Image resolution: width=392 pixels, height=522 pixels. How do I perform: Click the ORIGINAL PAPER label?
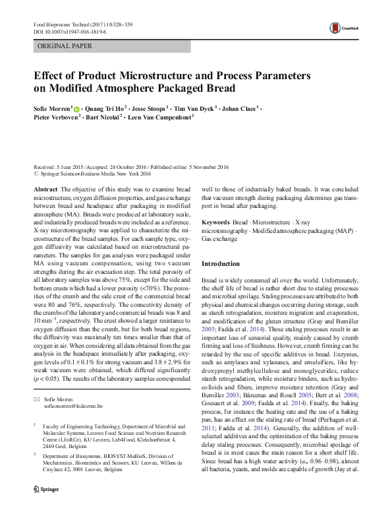pos(65,46)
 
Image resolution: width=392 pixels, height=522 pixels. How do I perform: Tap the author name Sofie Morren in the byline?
pos(52,108)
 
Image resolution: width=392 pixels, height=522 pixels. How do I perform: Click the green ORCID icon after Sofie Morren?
pos(76,108)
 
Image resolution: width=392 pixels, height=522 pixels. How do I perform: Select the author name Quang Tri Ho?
pos(103,108)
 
